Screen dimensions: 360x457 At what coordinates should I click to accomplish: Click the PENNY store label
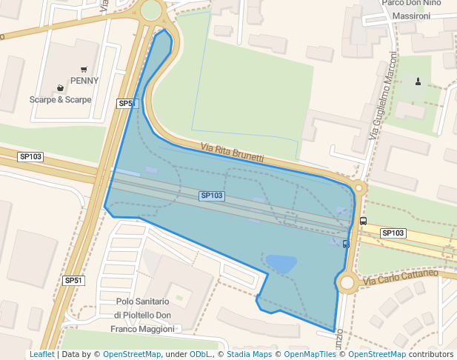pyautogui.click(x=84, y=81)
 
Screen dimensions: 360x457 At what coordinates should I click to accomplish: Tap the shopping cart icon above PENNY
pyautogui.click(x=84, y=70)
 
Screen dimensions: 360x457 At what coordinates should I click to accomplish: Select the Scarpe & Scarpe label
pyautogui.click(x=61, y=99)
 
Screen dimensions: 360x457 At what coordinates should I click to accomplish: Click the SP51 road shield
pyautogui.click(x=127, y=104)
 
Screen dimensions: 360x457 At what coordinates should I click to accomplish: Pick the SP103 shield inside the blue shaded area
pyautogui.click(x=212, y=196)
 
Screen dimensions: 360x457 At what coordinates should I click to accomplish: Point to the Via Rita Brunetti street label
pyautogui.click(x=232, y=153)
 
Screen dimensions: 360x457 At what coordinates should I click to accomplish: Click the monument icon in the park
pyautogui.click(x=418, y=81)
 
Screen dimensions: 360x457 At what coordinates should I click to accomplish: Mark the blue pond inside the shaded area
pyautogui.click(x=281, y=263)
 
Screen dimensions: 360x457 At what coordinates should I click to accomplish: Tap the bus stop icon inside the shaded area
pyautogui.click(x=346, y=244)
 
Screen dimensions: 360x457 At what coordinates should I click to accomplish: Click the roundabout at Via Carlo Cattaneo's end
pyautogui.click(x=347, y=282)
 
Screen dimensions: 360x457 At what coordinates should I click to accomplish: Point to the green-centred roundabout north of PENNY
pyautogui.click(x=151, y=10)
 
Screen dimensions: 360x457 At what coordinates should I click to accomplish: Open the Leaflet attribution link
pyautogui.click(x=41, y=355)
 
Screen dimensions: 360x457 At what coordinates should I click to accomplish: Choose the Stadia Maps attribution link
pyautogui.click(x=249, y=355)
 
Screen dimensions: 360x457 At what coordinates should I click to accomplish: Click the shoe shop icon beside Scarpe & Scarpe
pyautogui.click(x=60, y=88)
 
